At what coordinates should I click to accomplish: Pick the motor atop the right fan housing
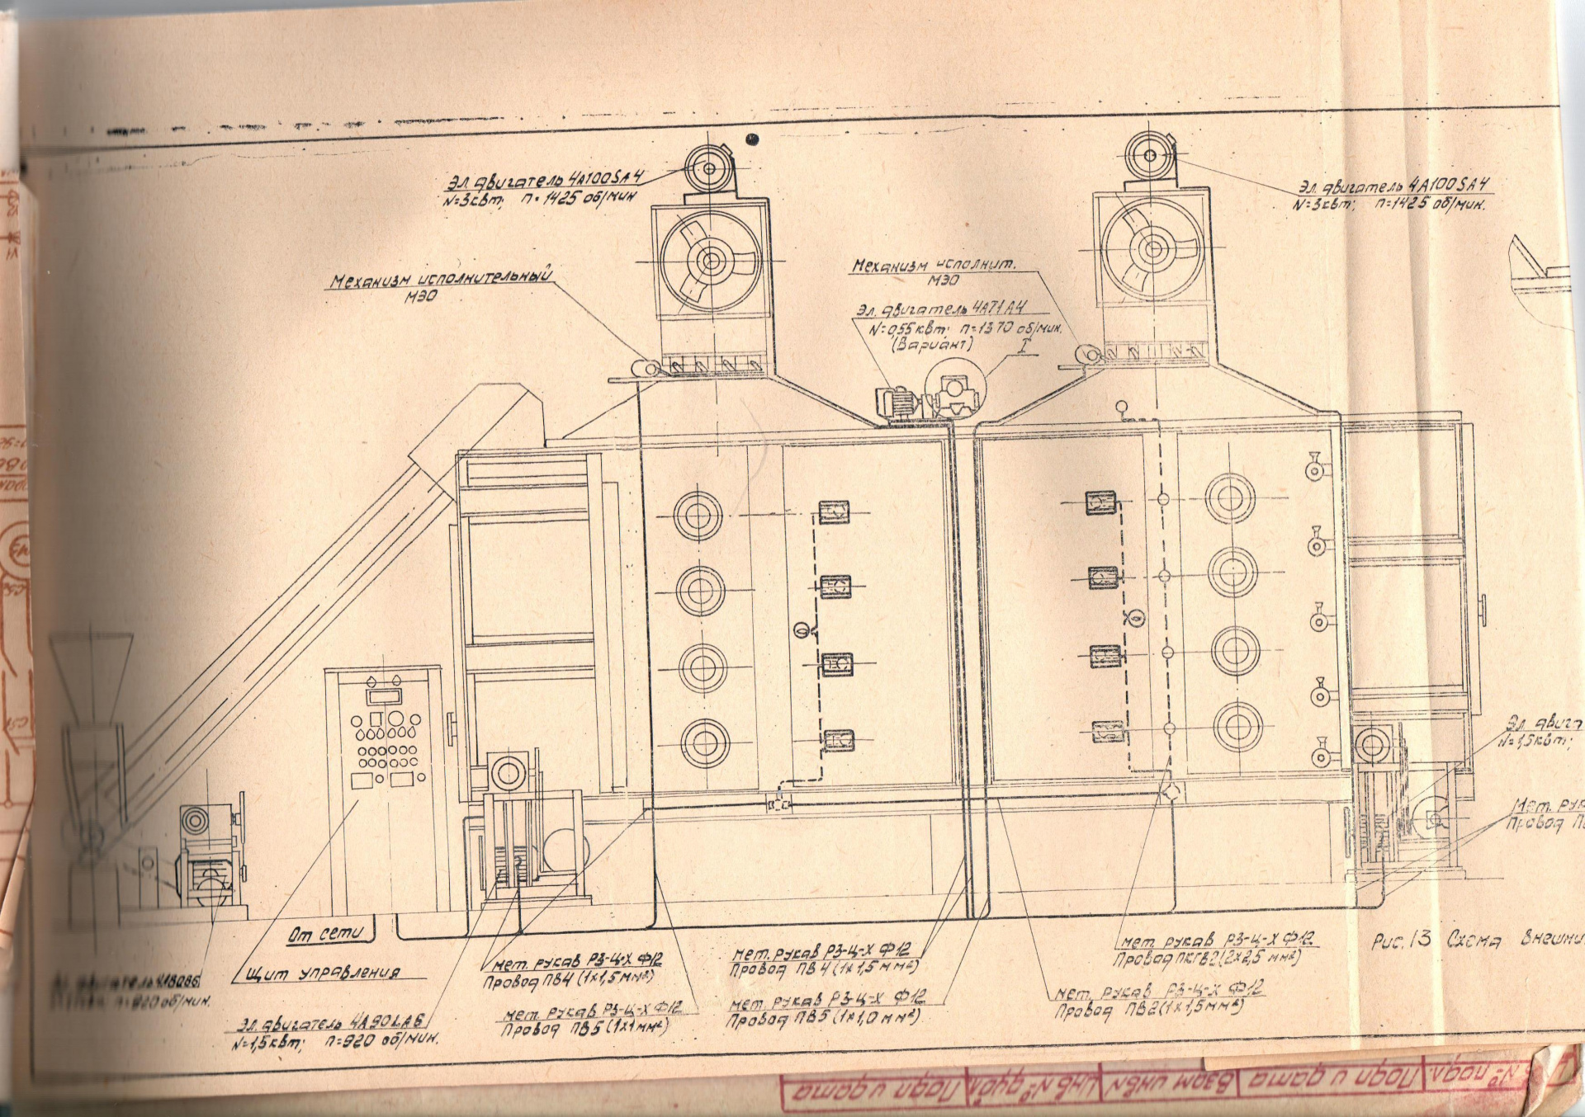tap(1150, 155)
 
